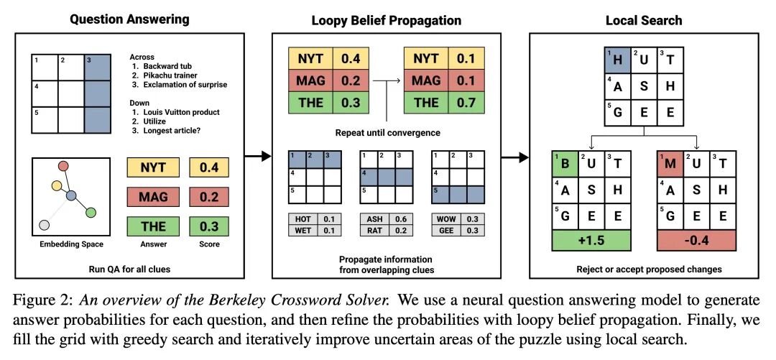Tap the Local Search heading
[644, 19]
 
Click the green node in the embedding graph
[91, 212]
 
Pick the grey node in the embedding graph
[45, 225]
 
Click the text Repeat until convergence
[387, 133]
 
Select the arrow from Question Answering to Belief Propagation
[257, 156]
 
